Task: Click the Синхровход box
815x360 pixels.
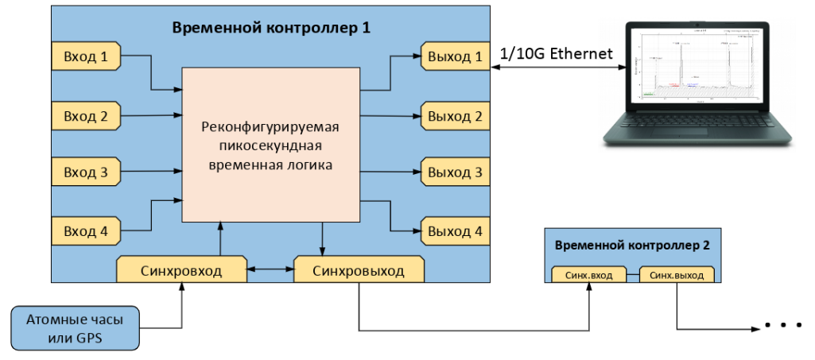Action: tap(182, 270)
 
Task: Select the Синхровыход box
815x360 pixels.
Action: tap(358, 270)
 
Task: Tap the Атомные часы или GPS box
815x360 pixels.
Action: tap(76, 328)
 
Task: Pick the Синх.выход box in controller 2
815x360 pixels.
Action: tap(677, 275)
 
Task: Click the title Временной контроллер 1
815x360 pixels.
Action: tap(272, 28)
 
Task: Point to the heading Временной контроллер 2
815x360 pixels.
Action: tap(632, 246)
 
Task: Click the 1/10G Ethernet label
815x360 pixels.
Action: tap(556, 54)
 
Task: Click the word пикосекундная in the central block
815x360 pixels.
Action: tap(270, 145)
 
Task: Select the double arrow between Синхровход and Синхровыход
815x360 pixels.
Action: tap(270, 271)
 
